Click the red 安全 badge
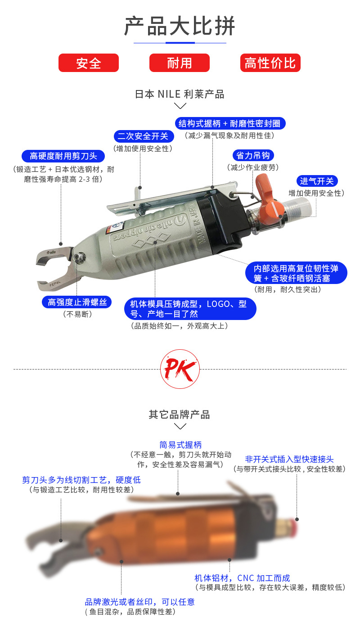[x=89, y=63]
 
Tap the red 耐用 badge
[x=180, y=63]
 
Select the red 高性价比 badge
[x=270, y=63]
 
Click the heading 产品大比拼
[x=180, y=26]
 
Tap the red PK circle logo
[x=180, y=369]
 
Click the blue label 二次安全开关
[x=143, y=136]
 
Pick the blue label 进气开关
[x=317, y=181]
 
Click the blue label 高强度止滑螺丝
[x=77, y=302]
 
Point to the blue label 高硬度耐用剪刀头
[x=63, y=156]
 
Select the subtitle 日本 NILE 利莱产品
[x=180, y=94]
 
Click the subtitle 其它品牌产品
[x=180, y=414]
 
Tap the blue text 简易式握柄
[x=180, y=445]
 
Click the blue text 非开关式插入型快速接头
[x=289, y=459]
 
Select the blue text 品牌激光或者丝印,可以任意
[x=139, y=602]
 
